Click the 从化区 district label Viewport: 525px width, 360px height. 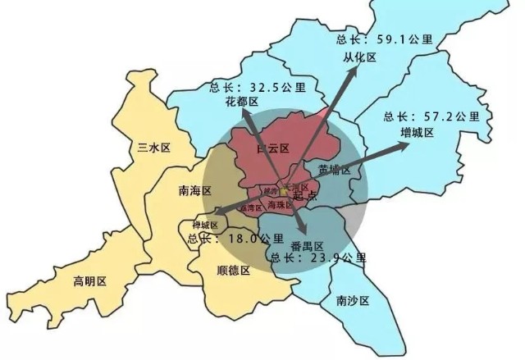coord(358,57)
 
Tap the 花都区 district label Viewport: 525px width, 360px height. coord(242,102)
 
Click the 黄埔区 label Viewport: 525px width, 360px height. coord(334,171)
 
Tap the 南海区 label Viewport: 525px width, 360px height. coord(195,191)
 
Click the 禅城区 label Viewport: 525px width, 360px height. coord(204,225)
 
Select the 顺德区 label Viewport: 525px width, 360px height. coord(233,270)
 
